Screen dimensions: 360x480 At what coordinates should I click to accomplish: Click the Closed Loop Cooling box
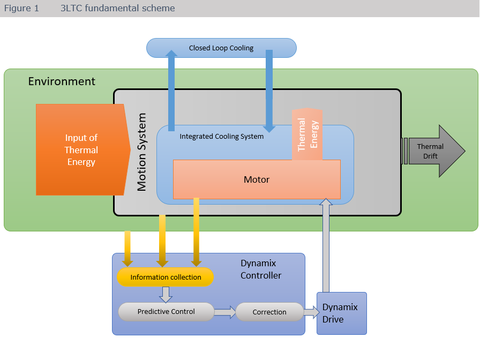click(221, 48)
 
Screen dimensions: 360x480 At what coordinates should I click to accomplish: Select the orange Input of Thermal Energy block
click(81, 149)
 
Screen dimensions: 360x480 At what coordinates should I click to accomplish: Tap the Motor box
click(257, 179)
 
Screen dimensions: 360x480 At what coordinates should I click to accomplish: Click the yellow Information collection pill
click(166, 277)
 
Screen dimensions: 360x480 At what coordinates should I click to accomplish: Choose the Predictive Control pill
click(166, 312)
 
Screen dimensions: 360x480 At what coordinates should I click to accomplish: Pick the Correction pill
click(269, 312)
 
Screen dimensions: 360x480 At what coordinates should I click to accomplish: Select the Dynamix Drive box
click(341, 313)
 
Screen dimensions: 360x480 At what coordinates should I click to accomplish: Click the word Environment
click(62, 81)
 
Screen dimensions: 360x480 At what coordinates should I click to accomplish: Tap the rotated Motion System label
click(142, 152)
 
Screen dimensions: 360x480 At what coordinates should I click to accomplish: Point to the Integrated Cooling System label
click(221, 137)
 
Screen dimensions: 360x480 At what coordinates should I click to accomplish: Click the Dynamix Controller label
click(261, 269)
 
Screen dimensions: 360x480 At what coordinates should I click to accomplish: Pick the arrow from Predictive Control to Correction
click(225, 312)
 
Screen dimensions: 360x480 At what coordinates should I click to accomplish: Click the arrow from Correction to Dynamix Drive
click(311, 312)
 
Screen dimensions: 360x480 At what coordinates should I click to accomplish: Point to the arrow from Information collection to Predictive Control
click(166, 294)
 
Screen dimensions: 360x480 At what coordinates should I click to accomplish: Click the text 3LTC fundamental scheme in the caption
click(117, 9)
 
